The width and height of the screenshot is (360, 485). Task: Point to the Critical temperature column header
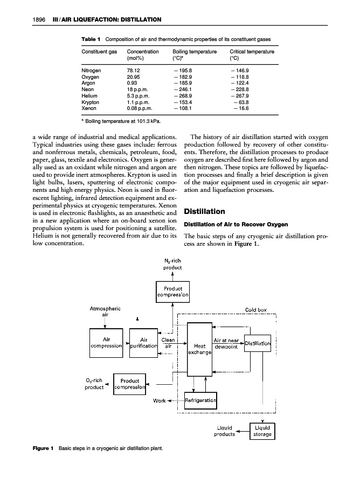(252, 52)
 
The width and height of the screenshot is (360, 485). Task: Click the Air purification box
(143, 343)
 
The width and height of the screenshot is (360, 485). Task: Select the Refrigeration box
(201, 400)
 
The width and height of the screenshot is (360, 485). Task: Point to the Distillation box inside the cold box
(261, 343)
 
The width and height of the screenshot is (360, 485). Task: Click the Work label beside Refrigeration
(159, 401)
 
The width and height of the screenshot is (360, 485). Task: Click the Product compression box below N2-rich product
(172, 292)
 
